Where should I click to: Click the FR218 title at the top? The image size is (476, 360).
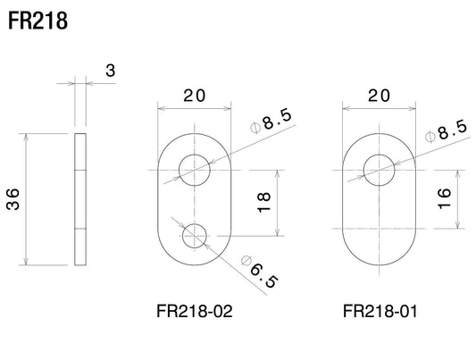point(38,21)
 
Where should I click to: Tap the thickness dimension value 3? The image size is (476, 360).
point(111,71)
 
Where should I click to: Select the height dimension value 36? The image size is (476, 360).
point(13,199)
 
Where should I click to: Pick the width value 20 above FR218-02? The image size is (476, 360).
point(195,96)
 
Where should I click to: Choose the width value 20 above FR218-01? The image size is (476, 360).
point(379,96)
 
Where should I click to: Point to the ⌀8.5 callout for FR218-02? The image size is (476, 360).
point(271,121)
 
